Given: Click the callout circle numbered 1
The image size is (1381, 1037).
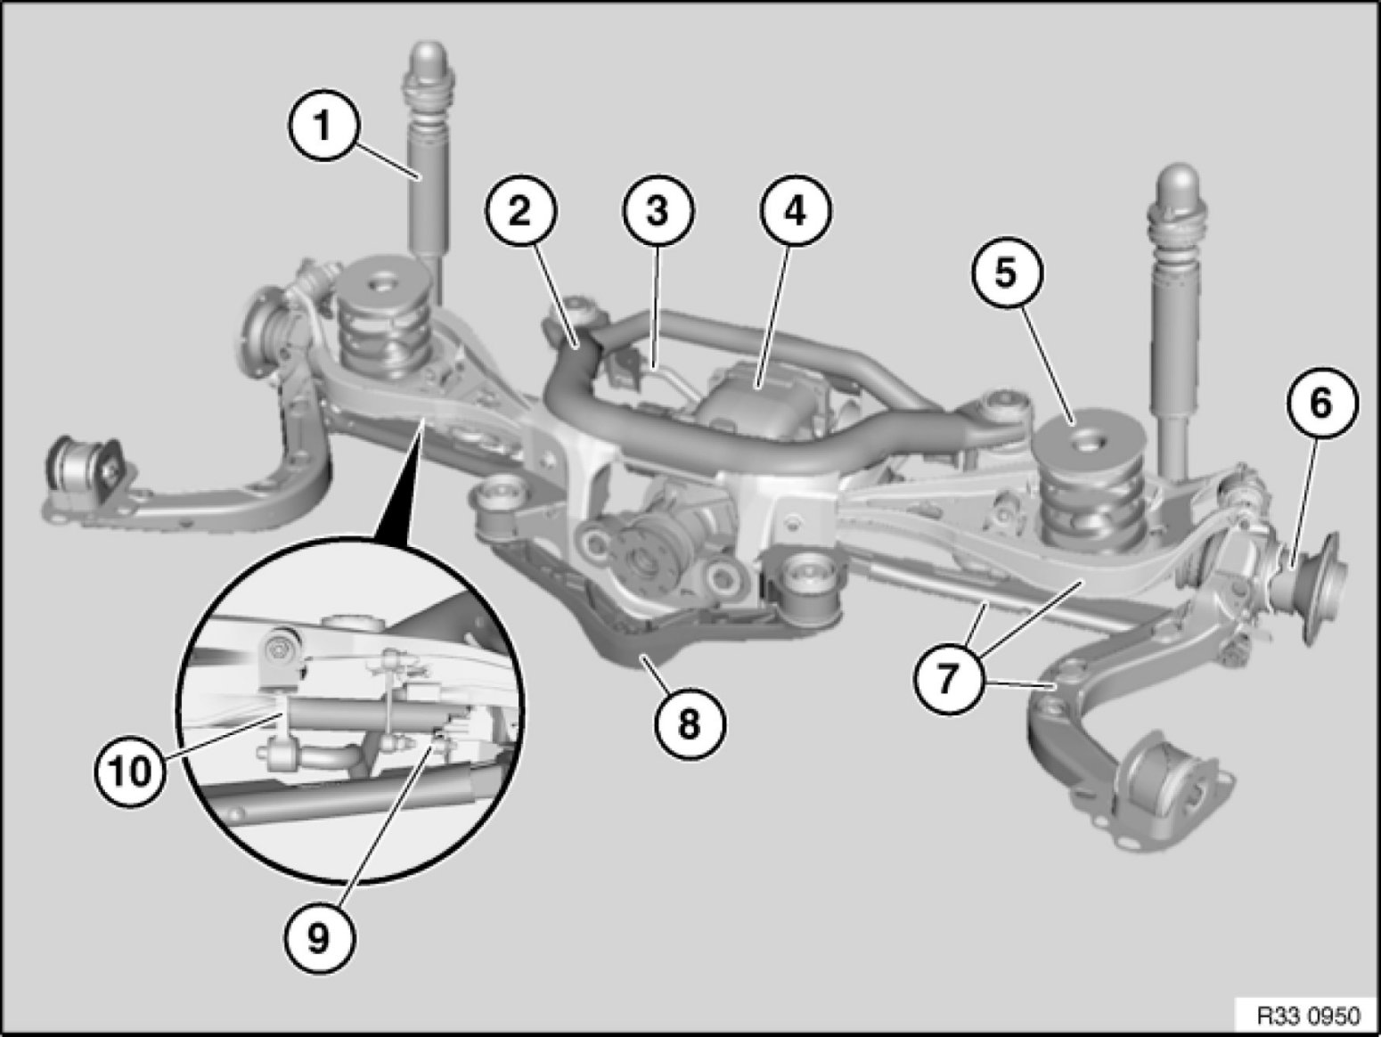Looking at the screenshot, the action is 324,126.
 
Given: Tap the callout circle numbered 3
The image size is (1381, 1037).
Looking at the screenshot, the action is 658,210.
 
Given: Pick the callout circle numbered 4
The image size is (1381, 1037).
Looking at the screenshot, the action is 796,210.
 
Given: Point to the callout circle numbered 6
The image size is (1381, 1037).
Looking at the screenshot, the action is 1321,403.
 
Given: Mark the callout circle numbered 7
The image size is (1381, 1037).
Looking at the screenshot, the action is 950,678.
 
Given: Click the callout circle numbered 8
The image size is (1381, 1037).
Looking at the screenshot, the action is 690,723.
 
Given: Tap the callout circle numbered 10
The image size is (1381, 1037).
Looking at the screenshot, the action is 130,770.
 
